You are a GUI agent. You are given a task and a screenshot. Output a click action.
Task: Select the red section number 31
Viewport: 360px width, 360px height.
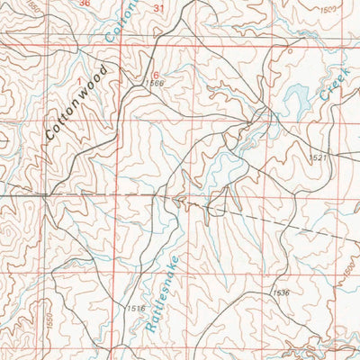[160, 8]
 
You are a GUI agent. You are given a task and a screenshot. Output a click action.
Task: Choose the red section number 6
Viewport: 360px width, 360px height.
[155, 74]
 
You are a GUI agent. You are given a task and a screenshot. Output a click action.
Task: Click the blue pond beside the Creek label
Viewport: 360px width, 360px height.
[295, 94]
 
